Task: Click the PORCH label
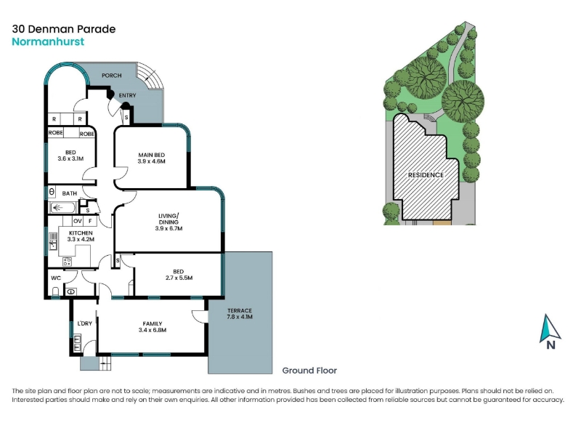point(112,76)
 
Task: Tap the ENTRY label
point(128,95)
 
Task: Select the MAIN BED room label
point(152,155)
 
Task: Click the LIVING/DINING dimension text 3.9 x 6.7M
point(168,228)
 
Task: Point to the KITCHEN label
point(81,233)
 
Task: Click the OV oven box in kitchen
point(78,221)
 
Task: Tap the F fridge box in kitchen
point(90,221)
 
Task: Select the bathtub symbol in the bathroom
point(62,208)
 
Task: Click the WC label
point(56,278)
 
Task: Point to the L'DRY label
point(84,323)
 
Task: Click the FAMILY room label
point(153,323)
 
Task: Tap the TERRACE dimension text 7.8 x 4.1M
point(240,317)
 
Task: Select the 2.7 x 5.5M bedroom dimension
point(179,278)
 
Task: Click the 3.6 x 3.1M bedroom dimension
point(70,158)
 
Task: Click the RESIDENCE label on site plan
point(426,175)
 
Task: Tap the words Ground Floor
point(309,371)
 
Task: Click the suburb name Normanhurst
point(48,41)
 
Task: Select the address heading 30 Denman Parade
point(64,29)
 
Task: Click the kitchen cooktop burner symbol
point(67,262)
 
